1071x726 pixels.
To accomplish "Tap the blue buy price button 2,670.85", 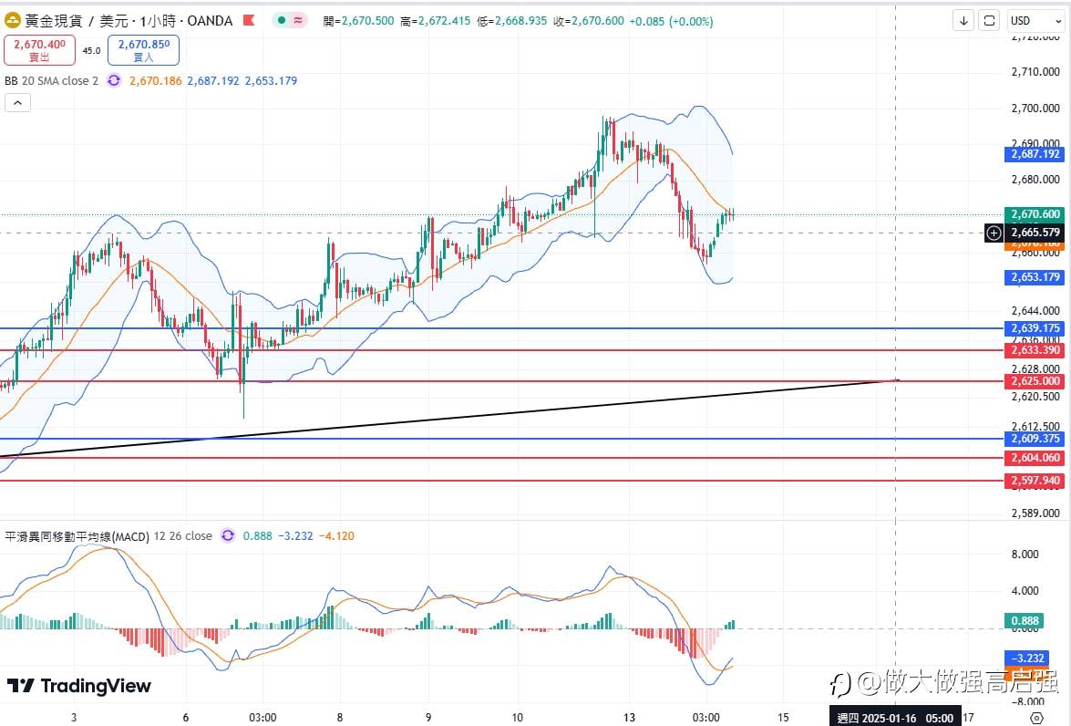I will coord(143,49).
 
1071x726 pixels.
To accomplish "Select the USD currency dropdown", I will coord(1031,21).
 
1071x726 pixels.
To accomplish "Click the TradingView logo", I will coord(79,686).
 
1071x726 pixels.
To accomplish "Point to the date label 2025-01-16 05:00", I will coord(895,718).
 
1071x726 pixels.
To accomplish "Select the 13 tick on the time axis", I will coord(629,717).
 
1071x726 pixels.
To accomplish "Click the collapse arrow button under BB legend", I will coord(17,103).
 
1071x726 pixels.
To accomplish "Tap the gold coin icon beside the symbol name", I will coord(14,20).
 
